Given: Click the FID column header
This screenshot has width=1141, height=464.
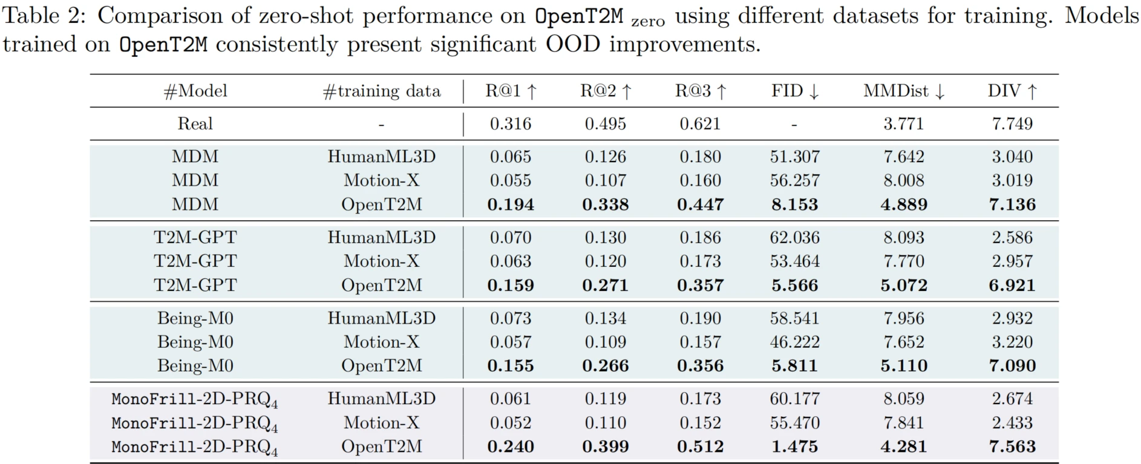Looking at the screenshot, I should coord(794,91).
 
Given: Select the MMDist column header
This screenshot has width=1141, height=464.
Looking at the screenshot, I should coord(903,91).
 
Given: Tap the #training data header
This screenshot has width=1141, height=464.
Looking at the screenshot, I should coord(381,91).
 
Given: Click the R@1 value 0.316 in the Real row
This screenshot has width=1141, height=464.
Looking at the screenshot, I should coord(510,124).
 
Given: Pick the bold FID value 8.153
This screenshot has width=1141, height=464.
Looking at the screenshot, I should coord(794,204).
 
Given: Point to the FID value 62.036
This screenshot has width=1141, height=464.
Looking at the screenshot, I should coord(794,237).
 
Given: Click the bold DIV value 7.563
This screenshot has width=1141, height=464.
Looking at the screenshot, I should coord(1012,446).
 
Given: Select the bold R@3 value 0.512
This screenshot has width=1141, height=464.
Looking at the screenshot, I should coord(700,446).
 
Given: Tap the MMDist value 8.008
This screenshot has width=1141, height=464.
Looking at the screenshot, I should coord(903,180).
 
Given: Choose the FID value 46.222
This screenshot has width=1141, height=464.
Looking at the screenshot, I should coord(794,342).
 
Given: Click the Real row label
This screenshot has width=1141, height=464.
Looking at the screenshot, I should coord(195,124).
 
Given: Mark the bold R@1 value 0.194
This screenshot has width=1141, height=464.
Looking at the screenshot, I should coord(510,204).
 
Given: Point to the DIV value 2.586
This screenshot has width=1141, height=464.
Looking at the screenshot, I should coord(1012,237).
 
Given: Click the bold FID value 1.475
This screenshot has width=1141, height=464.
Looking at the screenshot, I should coord(794,446).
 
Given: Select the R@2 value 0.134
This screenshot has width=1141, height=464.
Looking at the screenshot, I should coord(605,318).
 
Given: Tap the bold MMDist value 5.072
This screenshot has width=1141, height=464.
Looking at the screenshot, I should coord(903,285).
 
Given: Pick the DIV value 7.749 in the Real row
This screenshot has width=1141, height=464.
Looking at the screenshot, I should coord(1012,124).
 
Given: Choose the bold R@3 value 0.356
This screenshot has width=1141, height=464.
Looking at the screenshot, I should coord(700,366).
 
